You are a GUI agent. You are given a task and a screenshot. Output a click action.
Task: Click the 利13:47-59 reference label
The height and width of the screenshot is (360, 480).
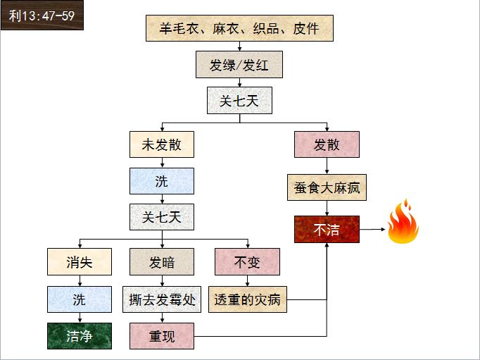(41, 15)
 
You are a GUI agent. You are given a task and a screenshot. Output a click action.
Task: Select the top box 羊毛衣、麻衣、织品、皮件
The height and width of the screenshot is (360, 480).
(239, 28)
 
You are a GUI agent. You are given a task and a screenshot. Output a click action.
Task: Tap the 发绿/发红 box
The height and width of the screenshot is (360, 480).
(239, 66)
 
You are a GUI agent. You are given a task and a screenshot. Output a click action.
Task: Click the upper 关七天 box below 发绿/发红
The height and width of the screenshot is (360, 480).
(239, 101)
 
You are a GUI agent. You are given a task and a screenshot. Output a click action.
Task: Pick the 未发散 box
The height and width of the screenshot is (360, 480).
(162, 144)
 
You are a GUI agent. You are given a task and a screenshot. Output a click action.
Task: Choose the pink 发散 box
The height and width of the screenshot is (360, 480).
(327, 144)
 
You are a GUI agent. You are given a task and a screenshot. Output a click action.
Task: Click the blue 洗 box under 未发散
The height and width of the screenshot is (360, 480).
(162, 181)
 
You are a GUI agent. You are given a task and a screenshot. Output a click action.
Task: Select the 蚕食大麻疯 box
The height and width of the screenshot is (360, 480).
(327, 188)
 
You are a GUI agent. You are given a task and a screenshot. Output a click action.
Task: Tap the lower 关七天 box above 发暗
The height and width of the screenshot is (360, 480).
(162, 217)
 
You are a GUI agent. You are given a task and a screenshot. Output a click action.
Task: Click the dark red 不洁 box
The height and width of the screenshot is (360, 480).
(327, 230)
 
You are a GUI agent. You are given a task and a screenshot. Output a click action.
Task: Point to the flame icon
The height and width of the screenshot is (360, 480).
(403, 222)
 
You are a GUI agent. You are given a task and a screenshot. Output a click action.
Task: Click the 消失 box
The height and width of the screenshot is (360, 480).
(79, 262)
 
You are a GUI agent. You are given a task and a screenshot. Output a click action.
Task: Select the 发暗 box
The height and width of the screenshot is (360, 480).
(162, 262)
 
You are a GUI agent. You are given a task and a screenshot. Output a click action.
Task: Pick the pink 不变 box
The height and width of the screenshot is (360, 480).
(247, 262)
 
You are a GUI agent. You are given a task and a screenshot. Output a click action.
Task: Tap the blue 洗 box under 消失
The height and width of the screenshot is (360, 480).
(79, 299)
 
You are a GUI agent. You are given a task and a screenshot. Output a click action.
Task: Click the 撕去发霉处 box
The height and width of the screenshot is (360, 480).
(162, 299)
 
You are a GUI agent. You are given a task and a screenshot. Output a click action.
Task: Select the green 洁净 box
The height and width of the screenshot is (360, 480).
(79, 336)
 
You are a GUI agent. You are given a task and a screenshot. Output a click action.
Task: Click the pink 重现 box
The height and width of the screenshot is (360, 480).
(162, 336)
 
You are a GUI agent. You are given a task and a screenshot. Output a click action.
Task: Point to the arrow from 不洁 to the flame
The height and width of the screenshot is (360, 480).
(372, 230)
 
